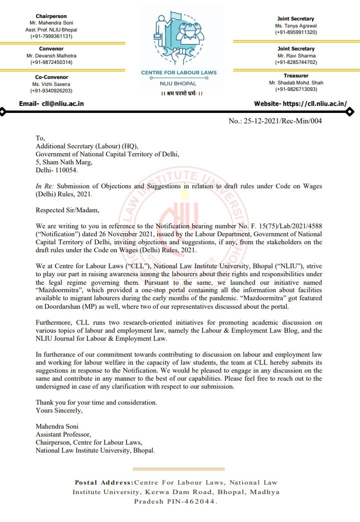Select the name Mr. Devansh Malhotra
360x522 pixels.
point(51,56)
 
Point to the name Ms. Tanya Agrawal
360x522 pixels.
point(296,25)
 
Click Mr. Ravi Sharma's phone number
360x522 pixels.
point(296,62)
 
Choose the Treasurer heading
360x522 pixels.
point(296,76)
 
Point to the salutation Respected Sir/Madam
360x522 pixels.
point(64,210)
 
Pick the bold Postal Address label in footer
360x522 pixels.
point(104,483)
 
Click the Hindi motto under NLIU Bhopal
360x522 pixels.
point(178,93)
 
